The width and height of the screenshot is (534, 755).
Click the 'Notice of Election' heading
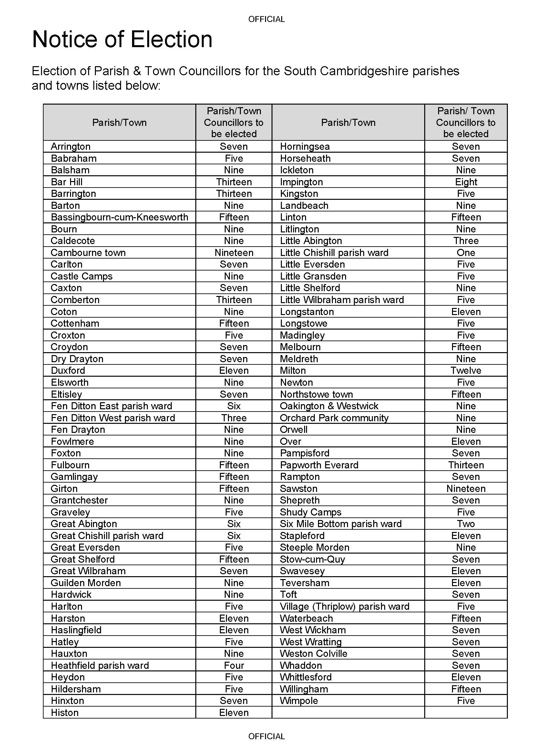click(x=122, y=39)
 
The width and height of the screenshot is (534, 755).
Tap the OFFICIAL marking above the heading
click(x=266, y=19)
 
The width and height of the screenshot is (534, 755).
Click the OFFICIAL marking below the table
click(x=266, y=736)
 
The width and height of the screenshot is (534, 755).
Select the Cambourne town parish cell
click(x=88, y=252)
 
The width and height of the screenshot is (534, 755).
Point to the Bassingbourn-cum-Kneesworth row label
click(x=119, y=217)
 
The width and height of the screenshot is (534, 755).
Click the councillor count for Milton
click(x=466, y=371)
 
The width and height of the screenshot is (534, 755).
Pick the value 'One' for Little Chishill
click(x=466, y=252)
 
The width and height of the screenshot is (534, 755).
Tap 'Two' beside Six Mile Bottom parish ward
click(x=466, y=524)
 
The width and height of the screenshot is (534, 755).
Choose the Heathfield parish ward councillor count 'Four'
click(x=234, y=666)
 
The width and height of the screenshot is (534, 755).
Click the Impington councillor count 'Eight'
click(x=466, y=182)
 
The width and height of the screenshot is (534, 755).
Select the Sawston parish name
click(x=299, y=489)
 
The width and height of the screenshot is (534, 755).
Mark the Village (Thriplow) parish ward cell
click(x=344, y=607)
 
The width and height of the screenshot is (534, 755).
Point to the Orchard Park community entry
click(x=334, y=418)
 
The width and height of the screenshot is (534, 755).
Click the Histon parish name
click(x=65, y=713)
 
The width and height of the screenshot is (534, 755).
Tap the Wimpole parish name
click(x=299, y=701)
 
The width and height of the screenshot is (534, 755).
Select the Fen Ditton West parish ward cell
click(x=113, y=418)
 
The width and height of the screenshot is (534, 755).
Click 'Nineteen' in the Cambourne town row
click(x=234, y=252)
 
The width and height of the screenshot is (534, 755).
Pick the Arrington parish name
click(x=70, y=146)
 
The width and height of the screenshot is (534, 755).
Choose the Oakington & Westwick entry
click(x=329, y=406)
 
